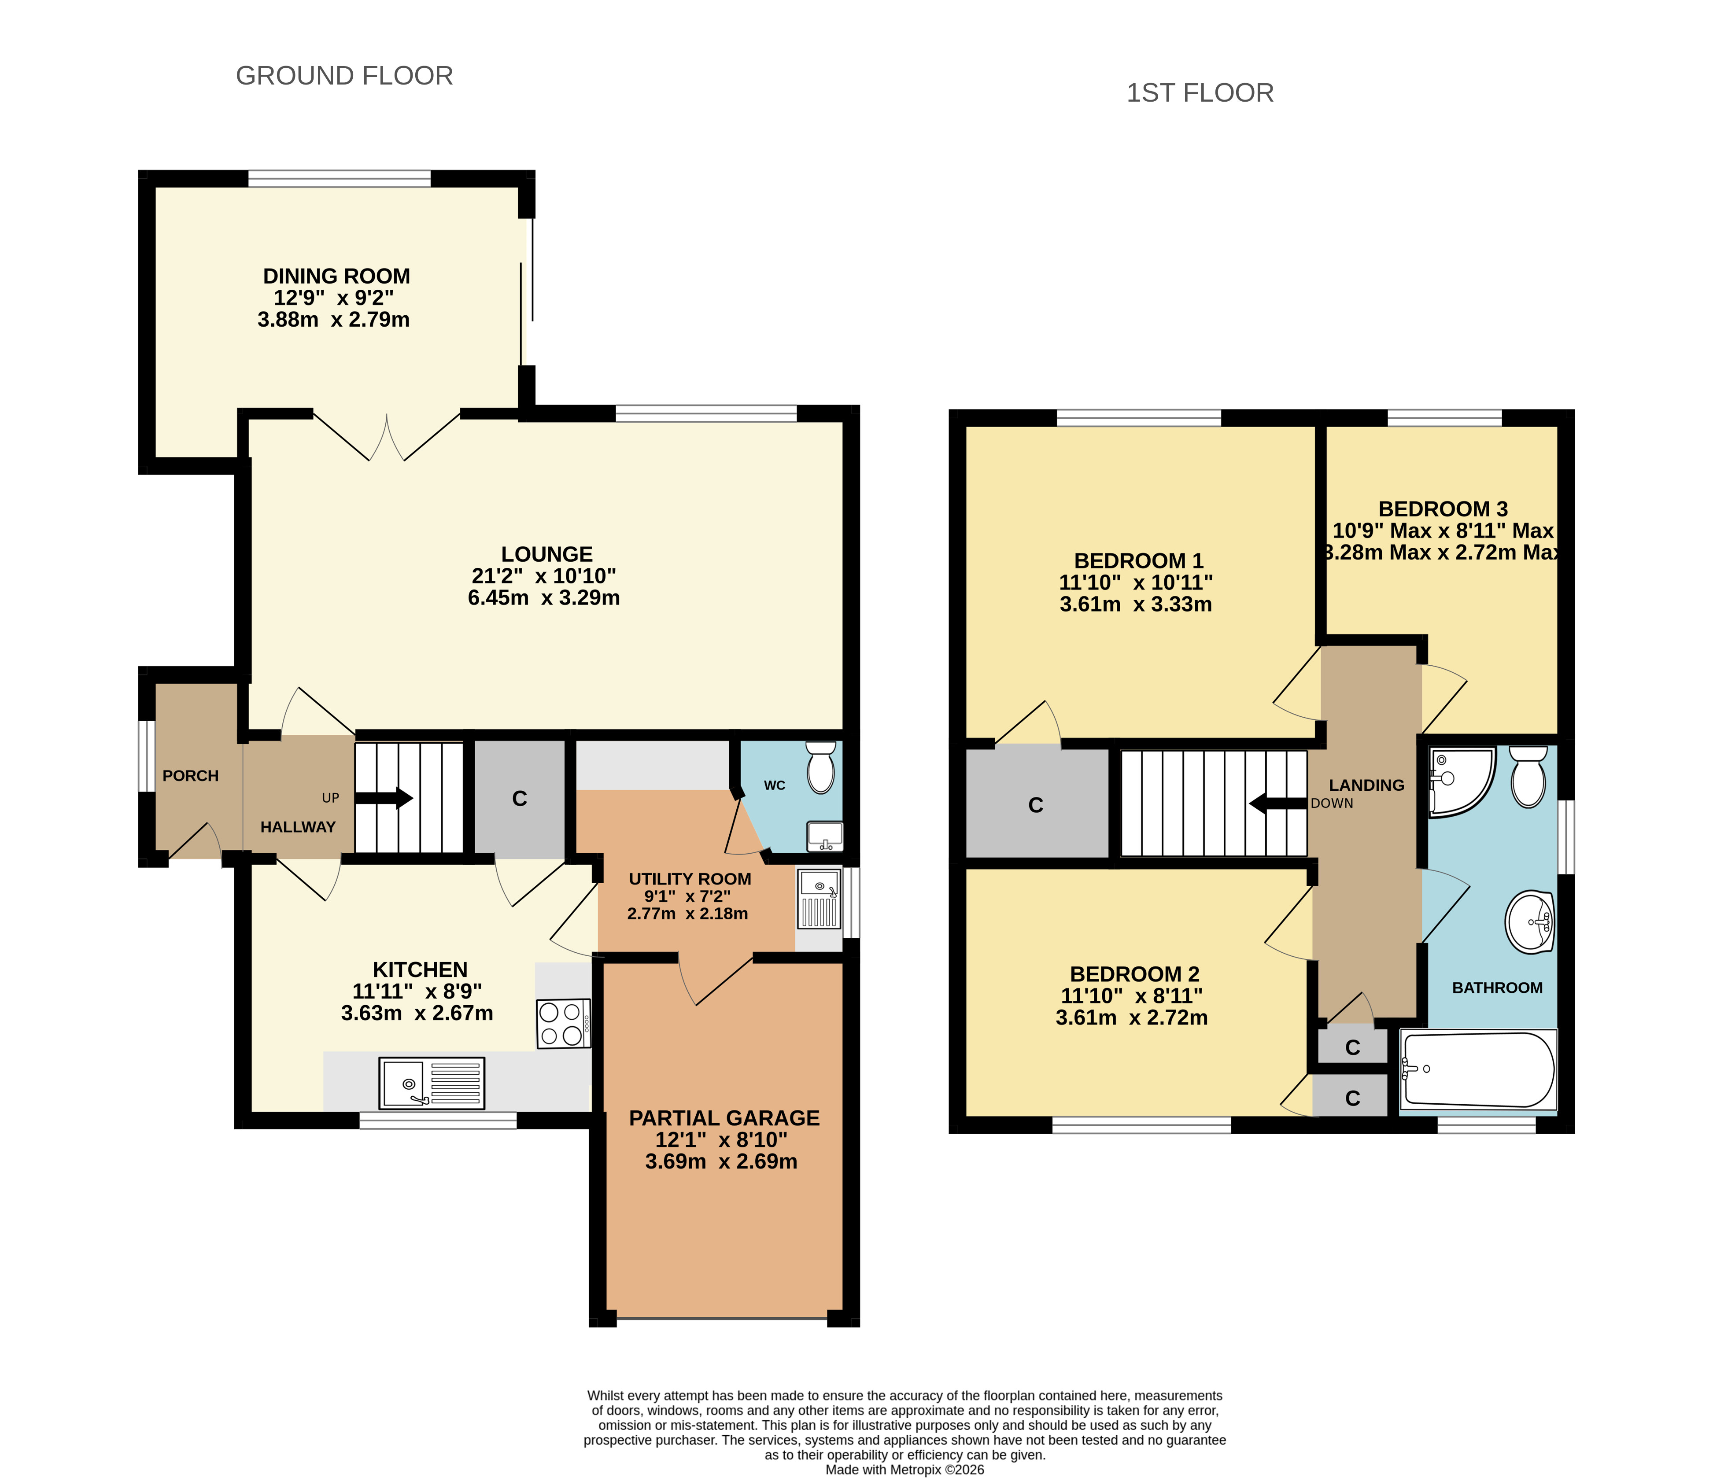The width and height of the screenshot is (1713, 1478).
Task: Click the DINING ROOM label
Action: [336, 276]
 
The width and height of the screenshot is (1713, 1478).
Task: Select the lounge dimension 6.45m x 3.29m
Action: [544, 597]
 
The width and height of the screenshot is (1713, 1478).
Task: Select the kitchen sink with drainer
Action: [432, 1083]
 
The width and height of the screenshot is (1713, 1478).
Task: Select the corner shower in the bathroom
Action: [1461, 781]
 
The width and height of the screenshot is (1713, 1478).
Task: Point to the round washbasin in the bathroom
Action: [1529, 921]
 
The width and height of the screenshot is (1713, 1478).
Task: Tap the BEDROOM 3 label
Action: [1443, 509]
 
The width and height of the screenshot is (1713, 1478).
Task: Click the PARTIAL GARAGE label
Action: [724, 1118]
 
